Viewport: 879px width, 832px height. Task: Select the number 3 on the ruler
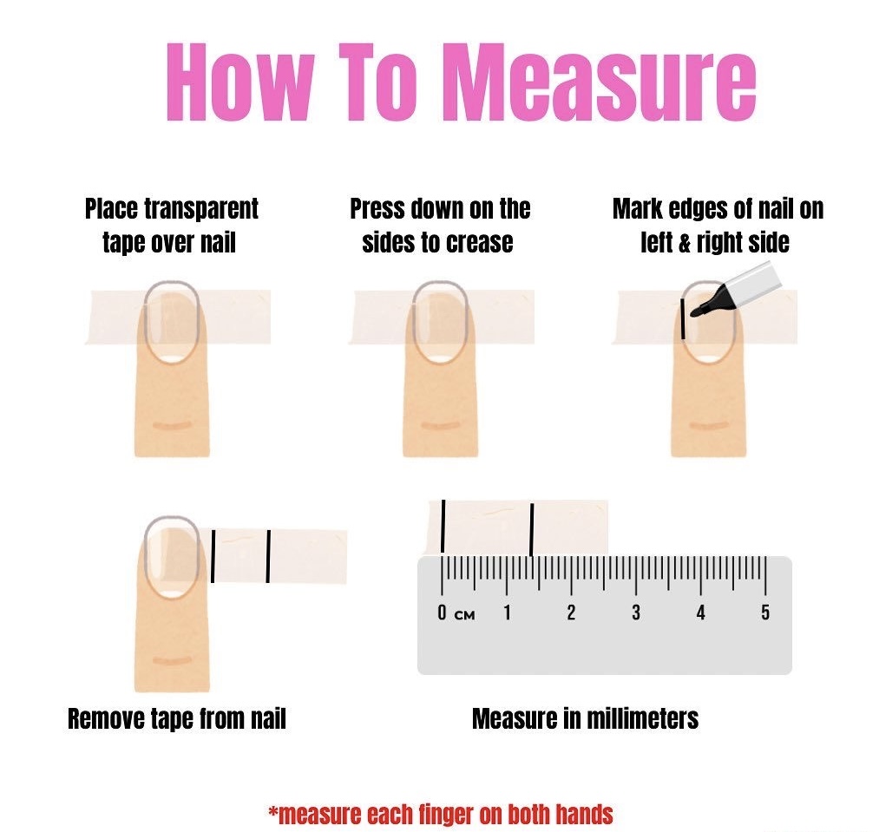click(636, 613)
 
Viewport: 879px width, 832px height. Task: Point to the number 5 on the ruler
click(765, 613)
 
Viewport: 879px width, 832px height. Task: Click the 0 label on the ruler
click(442, 613)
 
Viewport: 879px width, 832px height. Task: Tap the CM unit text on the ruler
click(465, 615)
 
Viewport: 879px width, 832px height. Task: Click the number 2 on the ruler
click(571, 613)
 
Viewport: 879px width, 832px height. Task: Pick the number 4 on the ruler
click(700, 613)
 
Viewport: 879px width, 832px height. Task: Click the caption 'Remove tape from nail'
click(177, 718)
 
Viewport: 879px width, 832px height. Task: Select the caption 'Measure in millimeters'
click(585, 718)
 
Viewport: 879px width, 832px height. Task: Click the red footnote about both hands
click(441, 814)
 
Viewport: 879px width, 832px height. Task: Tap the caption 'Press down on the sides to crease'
click(440, 226)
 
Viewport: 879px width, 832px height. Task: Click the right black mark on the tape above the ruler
click(531, 527)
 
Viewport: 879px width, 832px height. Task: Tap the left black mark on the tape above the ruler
click(443, 526)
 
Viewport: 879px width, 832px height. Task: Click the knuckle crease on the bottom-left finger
click(172, 662)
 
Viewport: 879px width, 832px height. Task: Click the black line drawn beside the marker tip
click(685, 318)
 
